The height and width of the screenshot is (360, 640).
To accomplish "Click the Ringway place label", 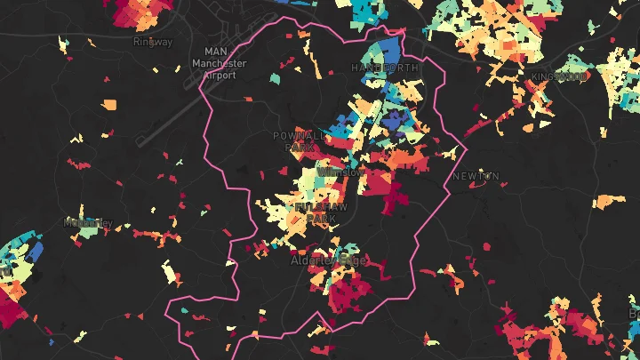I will [x=152, y=42].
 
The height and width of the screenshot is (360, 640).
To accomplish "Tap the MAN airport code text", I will [x=215, y=52].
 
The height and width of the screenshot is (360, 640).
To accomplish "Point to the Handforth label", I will [x=384, y=68].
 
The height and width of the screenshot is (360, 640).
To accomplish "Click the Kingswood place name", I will [x=560, y=76].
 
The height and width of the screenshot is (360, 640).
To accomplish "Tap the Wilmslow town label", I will [x=342, y=172].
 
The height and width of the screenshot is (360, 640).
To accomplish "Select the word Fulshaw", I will [x=323, y=205].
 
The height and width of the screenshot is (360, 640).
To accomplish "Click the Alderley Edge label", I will [x=328, y=261].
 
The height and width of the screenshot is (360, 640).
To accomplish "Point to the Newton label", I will [x=476, y=176].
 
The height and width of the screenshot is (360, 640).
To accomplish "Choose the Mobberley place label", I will [x=88, y=222].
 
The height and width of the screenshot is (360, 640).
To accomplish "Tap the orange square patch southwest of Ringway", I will [x=109, y=104].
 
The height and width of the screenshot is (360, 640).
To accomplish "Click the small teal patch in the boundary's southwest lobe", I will [x=185, y=311].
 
